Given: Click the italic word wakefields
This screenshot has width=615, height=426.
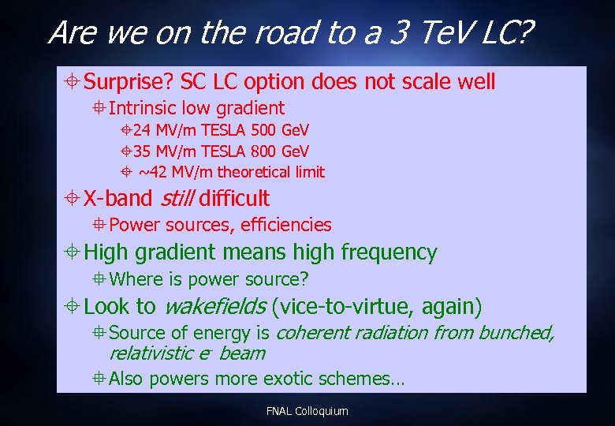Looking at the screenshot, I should (x=214, y=306).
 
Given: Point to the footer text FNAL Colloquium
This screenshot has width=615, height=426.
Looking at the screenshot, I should (x=307, y=411).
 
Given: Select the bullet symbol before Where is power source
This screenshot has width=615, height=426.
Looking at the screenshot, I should (x=99, y=279).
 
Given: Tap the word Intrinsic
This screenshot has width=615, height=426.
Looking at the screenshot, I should (x=143, y=108).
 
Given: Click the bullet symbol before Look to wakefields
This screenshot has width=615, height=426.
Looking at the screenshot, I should (x=72, y=307).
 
